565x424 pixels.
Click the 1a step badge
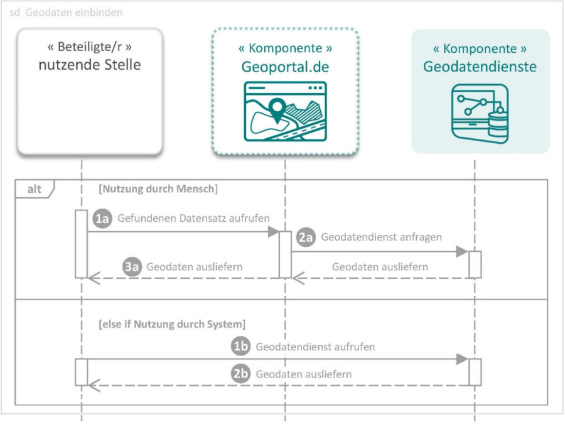coord(102,218)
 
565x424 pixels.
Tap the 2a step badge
coord(305,237)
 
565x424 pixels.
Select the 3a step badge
coord(131,266)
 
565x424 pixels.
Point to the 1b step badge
coord(240,346)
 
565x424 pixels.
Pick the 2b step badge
coord(240,374)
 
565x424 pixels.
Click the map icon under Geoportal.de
coord(285,111)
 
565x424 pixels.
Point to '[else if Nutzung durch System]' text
coord(171,325)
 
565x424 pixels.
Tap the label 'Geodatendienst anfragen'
coord(382,237)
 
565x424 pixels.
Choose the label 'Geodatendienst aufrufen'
coord(316,346)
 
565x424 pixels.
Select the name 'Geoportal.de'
coord(285,67)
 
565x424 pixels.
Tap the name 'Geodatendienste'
coord(480,67)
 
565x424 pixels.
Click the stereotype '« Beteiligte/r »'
coord(90,47)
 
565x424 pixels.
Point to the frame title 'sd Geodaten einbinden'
coord(66,13)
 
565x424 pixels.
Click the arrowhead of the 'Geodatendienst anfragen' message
coord(462,252)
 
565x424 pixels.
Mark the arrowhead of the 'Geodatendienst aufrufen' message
coord(462,359)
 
